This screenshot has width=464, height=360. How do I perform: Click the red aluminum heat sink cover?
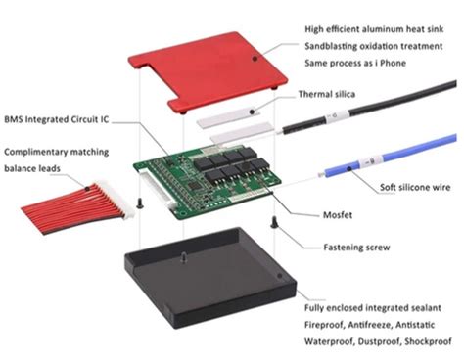point(209,71)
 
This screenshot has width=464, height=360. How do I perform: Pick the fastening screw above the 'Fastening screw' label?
point(274,222)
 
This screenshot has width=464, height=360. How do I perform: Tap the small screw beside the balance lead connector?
point(140,203)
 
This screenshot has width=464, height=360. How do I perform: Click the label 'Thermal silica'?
point(327,94)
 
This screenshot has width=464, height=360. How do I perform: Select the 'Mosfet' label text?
point(338,215)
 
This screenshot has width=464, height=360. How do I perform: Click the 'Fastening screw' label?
point(356,247)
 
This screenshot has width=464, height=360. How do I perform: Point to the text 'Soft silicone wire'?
point(415,187)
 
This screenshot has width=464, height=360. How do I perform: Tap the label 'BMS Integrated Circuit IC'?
point(57,119)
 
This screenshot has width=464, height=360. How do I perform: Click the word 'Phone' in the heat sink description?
point(393,63)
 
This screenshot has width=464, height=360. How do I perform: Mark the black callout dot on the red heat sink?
point(255,59)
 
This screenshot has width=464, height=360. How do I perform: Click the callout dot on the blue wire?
point(349,168)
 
